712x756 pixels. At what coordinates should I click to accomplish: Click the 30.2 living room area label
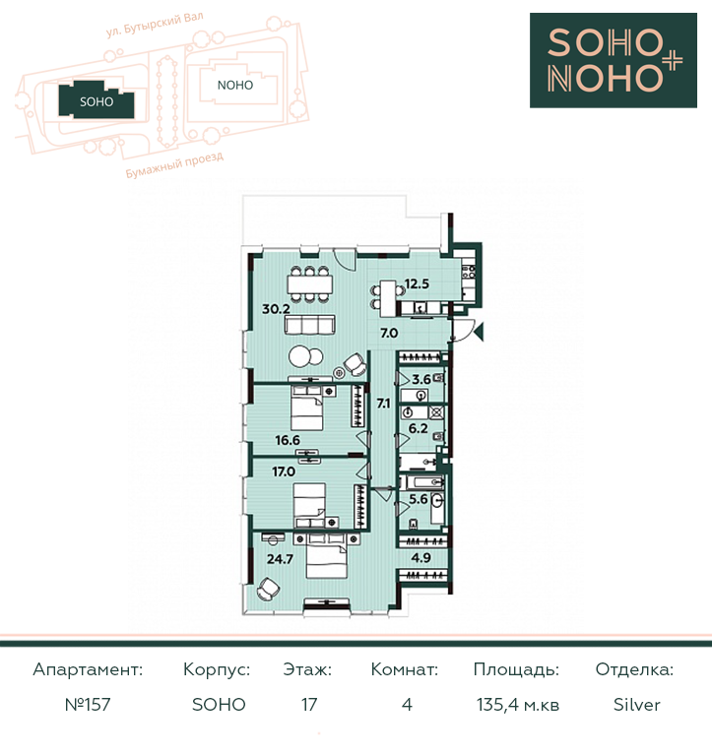[x=276, y=309]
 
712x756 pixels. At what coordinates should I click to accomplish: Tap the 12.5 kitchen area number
[x=417, y=283]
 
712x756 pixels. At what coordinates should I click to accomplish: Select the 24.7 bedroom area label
[x=280, y=559]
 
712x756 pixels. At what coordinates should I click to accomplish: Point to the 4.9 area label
[x=421, y=558]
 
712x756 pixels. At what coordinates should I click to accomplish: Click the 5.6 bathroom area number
[x=419, y=499]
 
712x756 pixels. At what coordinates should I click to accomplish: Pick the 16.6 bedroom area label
[x=288, y=440]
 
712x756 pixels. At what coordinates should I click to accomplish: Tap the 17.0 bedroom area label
[x=284, y=472]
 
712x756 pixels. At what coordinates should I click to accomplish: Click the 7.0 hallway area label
[x=389, y=333]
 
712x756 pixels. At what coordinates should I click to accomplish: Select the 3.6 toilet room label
[x=421, y=379]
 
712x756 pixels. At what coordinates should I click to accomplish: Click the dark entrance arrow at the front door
[x=479, y=332]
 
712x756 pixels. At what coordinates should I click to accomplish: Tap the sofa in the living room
[x=309, y=325]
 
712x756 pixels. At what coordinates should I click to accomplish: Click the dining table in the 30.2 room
[x=310, y=283]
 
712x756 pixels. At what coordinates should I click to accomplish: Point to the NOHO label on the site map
[x=235, y=86]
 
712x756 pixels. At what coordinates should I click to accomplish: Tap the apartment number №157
[x=88, y=705]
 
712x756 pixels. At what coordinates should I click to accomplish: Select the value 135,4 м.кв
[x=518, y=705]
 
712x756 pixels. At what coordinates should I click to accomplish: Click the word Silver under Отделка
[x=636, y=705]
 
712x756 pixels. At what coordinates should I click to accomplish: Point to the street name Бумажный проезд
[x=174, y=165]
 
